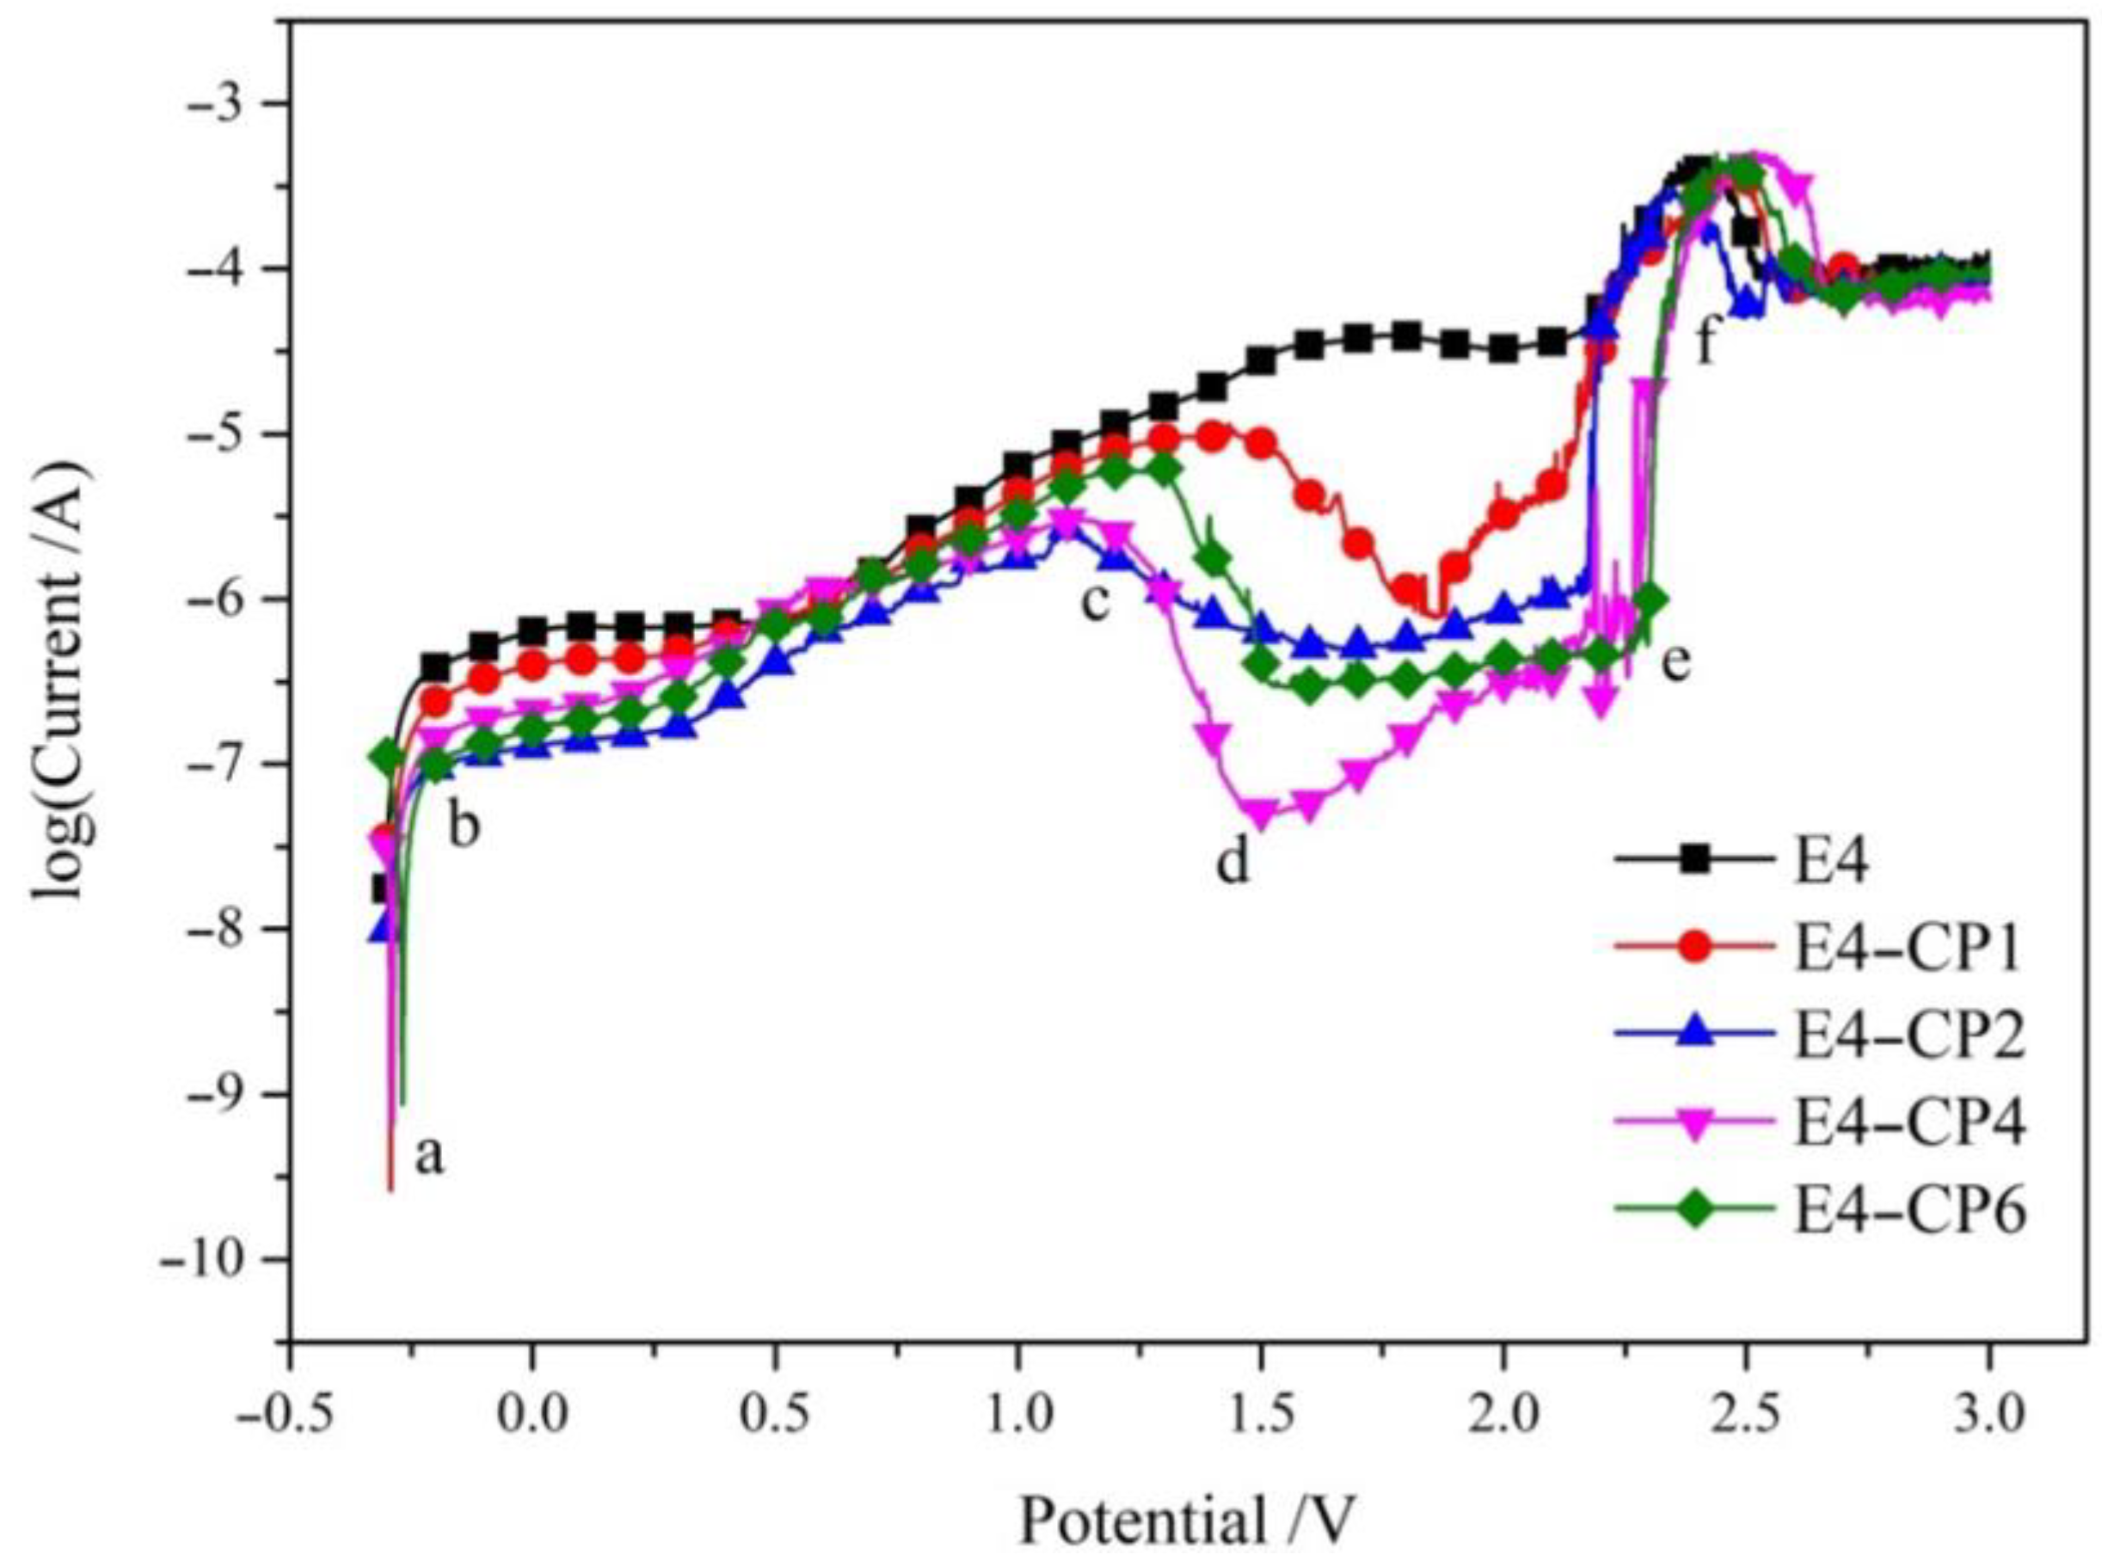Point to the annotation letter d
pos(1233,860)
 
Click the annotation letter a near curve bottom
pos(430,1155)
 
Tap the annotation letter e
pos(1677,661)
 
